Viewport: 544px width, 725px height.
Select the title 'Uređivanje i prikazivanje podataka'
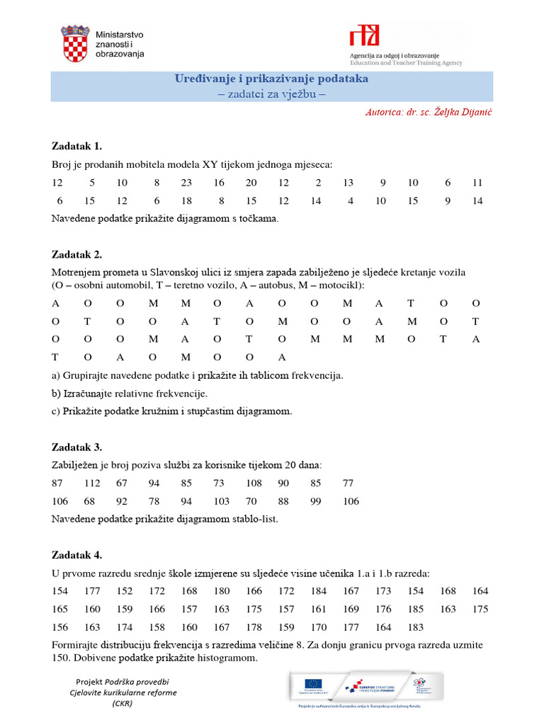(271, 79)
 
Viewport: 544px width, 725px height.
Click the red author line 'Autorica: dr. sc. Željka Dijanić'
(428, 113)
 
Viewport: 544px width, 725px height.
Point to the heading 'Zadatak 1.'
(77, 147)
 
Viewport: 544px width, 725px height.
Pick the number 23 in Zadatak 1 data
(186, 183)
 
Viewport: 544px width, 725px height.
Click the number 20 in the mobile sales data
(251, 183)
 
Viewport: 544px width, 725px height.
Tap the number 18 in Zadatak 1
(186, 201)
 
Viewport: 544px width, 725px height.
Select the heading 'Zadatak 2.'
(77, 254)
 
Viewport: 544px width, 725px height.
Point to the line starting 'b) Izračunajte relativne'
(130, 393)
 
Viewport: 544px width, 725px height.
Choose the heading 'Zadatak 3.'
(77, 447)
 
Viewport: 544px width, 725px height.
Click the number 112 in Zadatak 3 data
(92, 484)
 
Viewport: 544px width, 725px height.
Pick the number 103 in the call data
(222, 501)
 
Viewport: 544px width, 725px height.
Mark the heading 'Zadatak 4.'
(77, 555)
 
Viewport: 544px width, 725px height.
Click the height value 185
(416, 609)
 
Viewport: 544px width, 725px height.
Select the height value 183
(416, 627)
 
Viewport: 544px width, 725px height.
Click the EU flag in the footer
(312, 684)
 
